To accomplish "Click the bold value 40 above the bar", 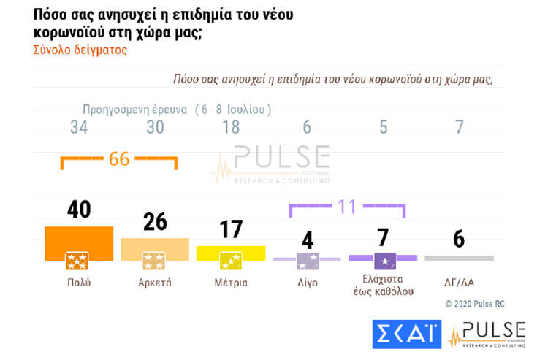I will point(78,210).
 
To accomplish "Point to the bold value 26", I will point(154,221).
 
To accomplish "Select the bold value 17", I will point(231,229).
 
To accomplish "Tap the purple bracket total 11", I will point(346,207).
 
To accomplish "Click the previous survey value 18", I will point(232,127).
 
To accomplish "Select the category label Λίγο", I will point(307,282).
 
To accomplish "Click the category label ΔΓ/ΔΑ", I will point(459,282).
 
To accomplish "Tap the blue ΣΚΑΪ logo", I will point(407,333).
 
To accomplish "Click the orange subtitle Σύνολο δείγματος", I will point(80,50).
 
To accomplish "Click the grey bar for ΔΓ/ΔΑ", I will point(459,258).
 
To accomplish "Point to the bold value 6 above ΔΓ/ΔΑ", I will point(459,239).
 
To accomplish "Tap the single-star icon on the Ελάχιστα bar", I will point(384,259).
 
